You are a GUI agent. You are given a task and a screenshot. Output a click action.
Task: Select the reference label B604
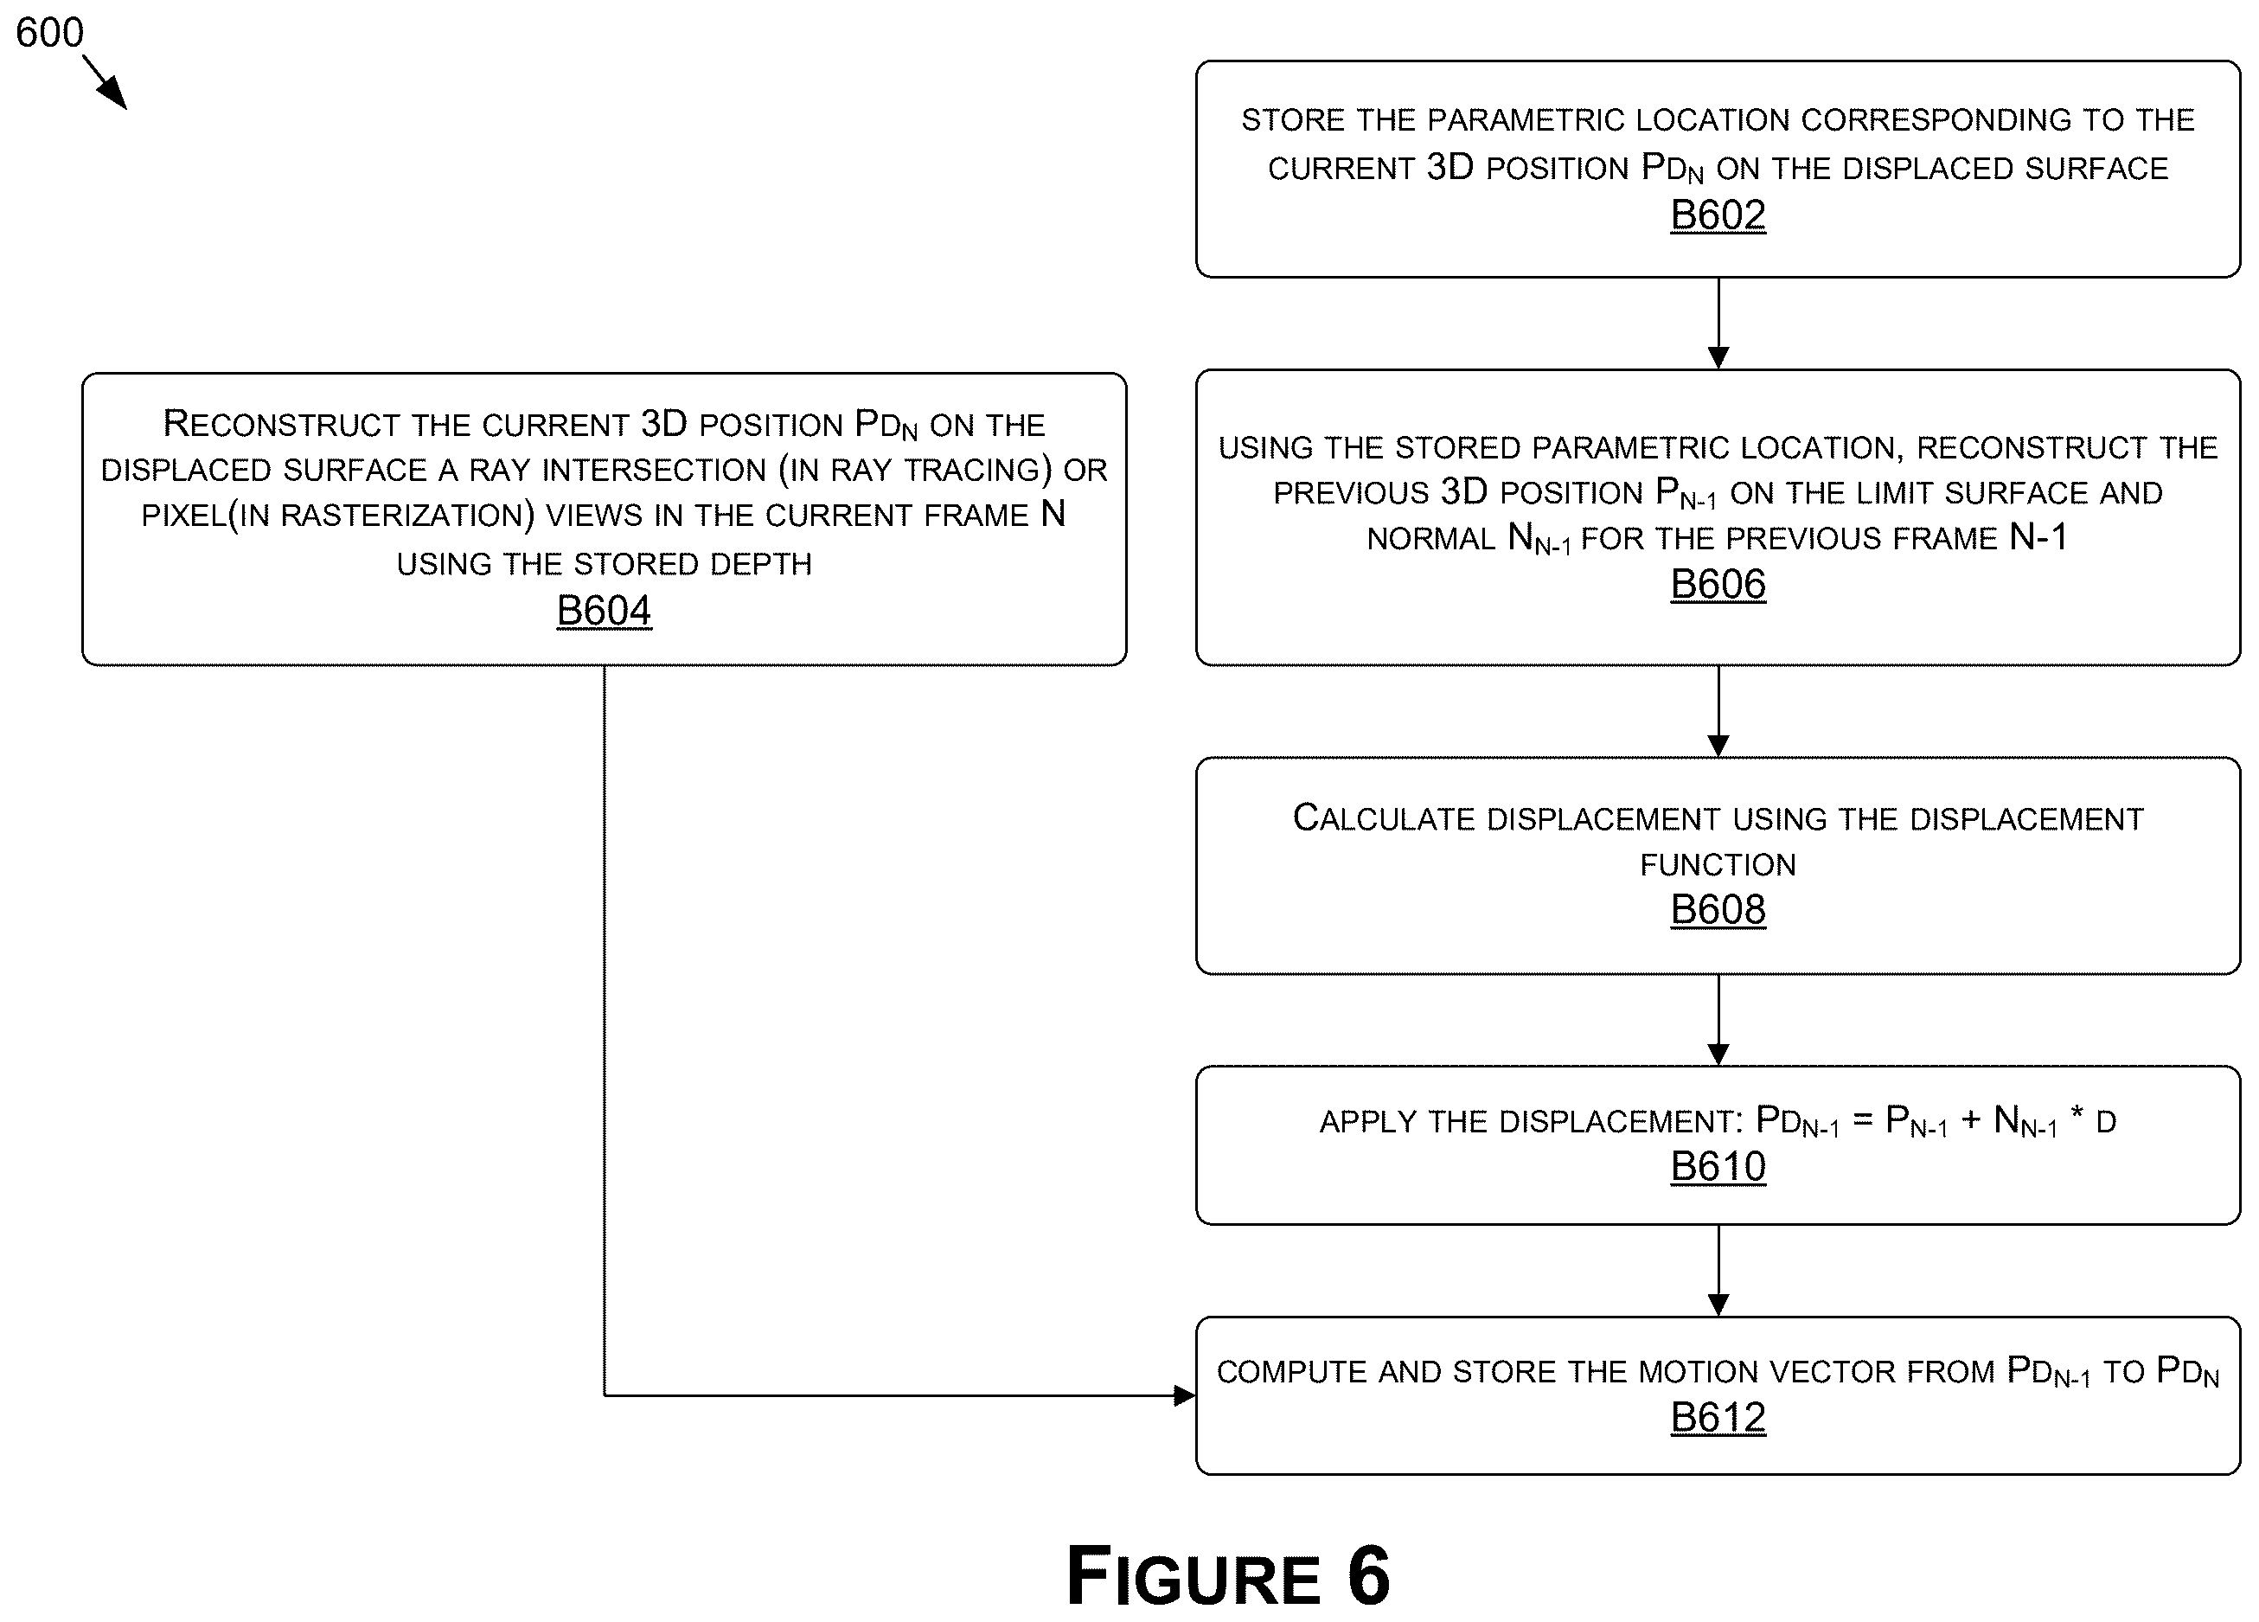(x=604, y=611)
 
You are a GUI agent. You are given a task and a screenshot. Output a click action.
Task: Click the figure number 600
(x=50, y=33)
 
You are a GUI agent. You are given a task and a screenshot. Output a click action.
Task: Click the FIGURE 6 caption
(x=1227, y=1577)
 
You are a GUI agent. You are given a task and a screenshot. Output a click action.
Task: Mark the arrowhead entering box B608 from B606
(x=1718, y=747)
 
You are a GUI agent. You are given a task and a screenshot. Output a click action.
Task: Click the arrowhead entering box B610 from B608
(x=1718, y=1055)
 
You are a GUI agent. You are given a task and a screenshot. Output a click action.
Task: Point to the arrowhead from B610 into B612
(x=1718, y=1305)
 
